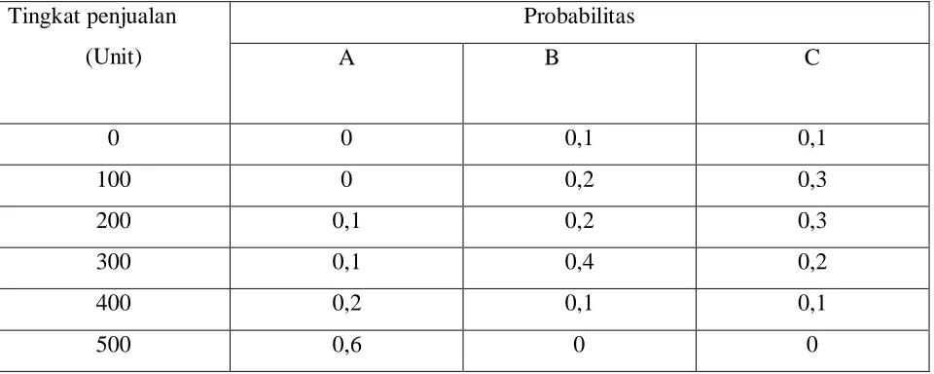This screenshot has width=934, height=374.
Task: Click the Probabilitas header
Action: [x=579, y=17]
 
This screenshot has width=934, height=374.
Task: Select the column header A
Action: [x=346, y=58]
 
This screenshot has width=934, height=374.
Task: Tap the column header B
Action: [x=553, y=58]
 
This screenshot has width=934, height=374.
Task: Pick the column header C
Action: [x=811, y=58]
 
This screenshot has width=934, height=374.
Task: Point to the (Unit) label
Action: [x=113, y=58]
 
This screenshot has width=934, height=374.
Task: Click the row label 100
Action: [x=114, y=179]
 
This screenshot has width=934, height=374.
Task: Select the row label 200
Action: [x=114, y=221]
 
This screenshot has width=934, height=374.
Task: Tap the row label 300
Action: [x=114, y=262]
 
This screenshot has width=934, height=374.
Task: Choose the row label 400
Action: [x=114, y=304]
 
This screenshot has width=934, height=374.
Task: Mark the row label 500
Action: [x=114, y=346]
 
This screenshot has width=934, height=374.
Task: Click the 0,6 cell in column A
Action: [x=346, y=346]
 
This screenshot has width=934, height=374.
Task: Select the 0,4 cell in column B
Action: [x=579, y=263]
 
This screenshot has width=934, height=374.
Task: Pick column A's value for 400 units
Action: [x=346, y=305]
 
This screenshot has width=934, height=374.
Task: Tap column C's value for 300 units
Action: [x=811, y=263]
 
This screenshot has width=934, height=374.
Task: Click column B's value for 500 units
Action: [x=579, y=346]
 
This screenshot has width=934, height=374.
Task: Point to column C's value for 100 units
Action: [x=811, y=180]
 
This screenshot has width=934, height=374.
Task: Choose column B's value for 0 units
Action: [x=579, y=139]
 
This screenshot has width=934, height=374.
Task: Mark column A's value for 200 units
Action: [x=346, y=222]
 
